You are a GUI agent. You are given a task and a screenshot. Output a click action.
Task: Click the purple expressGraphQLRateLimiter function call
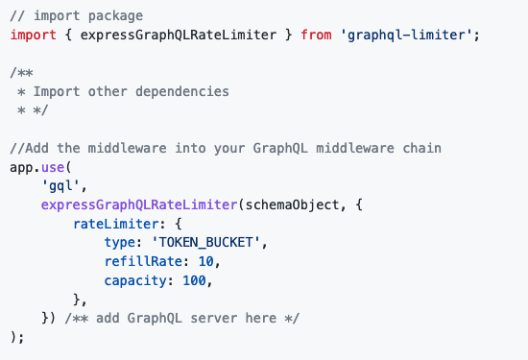138,204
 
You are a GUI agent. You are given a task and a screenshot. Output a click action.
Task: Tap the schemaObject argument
286,204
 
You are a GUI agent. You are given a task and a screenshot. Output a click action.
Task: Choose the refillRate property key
143,261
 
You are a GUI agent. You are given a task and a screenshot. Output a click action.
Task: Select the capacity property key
138,280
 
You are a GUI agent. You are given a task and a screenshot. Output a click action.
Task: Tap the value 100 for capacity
196,280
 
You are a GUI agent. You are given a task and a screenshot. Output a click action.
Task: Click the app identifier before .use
21,166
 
